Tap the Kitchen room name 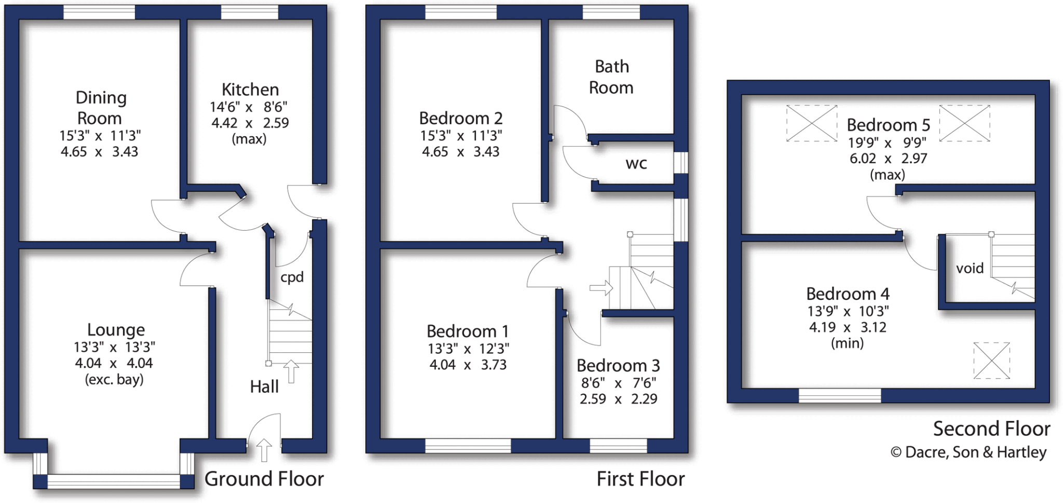click(x=250, y=89)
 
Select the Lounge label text click(x=116, y=329)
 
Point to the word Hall click(x=264, y=387)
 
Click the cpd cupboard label click(x=292, y=277)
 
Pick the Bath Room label click(x=611, y=77)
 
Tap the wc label click(x=636, y=164)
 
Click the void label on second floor click(x=970, y=268)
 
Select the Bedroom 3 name click(x=618, y=365)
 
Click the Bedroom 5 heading click(x=888, y=125)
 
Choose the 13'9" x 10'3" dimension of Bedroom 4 click(x=848, y=311)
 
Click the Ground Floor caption click(x=264, y=479)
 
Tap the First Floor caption click(x=640, y=479)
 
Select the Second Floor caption click(x=991, y=429)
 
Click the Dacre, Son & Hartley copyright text click(x=969, y=452)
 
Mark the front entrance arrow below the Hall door click(x=264, y=450)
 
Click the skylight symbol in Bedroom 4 click(x=991, y=360)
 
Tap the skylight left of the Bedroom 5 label click(x=812, y=123)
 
